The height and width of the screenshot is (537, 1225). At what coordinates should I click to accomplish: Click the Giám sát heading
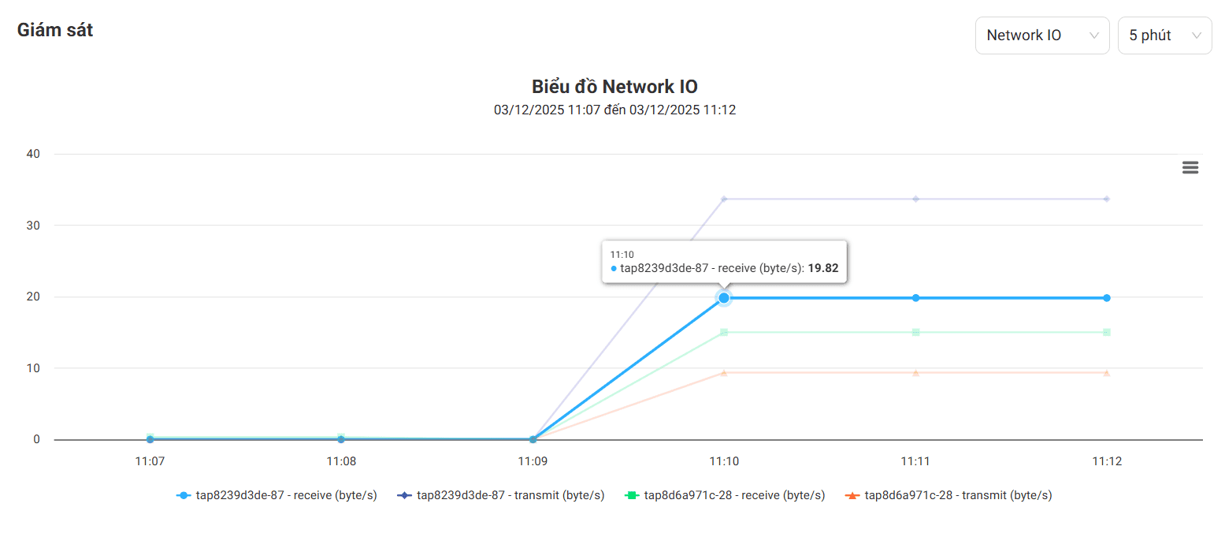click(55, 31)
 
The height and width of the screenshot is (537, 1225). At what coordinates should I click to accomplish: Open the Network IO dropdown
click(1041, 35)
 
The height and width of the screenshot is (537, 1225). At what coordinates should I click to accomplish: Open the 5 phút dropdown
click(1164, 35)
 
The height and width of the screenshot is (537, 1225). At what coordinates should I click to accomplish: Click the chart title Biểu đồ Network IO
click(614, 87)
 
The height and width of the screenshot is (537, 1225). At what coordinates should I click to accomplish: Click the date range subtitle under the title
click(614, 110)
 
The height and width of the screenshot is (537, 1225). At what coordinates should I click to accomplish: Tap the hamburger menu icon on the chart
click(1190, 167)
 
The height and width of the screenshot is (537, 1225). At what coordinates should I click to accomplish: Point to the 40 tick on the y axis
click(33, 154)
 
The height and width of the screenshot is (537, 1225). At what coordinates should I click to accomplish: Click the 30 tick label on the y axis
click(33, 226)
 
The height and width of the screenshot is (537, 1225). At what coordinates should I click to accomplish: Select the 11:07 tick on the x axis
click(150, 461)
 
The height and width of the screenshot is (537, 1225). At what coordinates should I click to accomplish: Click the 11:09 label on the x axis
click(533, 461)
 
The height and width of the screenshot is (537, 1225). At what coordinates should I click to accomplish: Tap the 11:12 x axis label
click(1107, 461)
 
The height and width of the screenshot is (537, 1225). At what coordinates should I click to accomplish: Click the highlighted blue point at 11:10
click(724, 298)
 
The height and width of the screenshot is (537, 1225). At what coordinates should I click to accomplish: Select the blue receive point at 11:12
click(1107, 298)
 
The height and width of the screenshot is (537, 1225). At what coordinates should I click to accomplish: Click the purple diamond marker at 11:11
click(915, 199)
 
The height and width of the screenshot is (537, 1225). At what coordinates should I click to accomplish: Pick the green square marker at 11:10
click(724, 332)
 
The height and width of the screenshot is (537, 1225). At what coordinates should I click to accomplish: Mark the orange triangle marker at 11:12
click(1107, 372)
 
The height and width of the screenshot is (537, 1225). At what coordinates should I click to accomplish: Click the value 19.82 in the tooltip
click(823, 268)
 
